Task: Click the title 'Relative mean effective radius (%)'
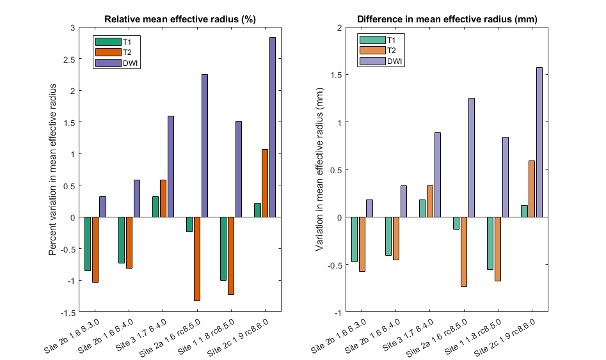click(x=180, y=19)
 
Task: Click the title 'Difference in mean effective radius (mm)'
click(x=447, y=19)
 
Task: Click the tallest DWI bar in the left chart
click(x=273, y=127)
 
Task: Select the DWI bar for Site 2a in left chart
click(x=205, y=146)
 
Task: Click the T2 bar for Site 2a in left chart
click(x=197, y=259)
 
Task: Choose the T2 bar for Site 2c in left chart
click(x=265, y=183)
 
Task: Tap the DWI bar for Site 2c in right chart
click(x=539, y=142)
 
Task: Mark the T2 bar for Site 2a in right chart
click(x=464, y=252)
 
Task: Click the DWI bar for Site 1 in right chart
click(x=506, y=177)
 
